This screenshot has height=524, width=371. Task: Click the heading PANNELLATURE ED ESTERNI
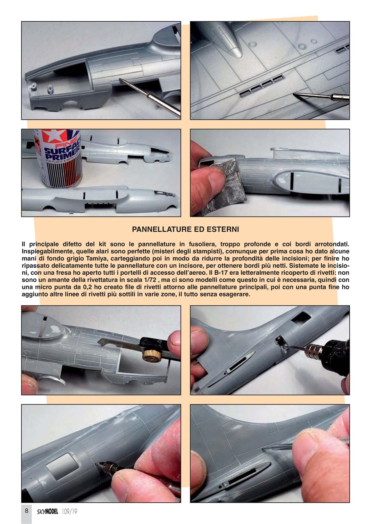pos(185,229)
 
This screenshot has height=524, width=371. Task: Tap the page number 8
pos(26,510)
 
